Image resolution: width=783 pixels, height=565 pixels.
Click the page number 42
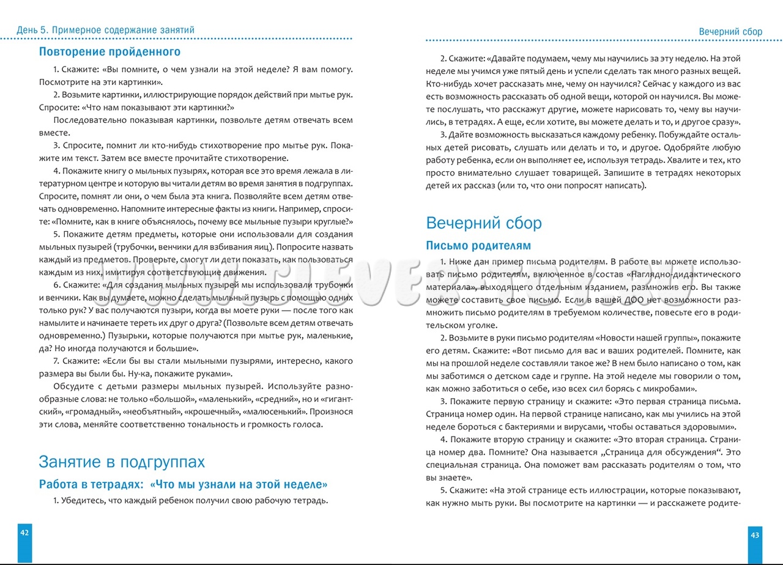pos(24,533)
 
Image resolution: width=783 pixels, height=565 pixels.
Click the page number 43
pos(755,535)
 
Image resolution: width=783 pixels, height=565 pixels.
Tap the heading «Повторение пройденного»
pos(109,52)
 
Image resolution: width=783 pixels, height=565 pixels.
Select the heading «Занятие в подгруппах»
pos(122,462)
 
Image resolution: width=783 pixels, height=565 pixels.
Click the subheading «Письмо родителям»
pos(478,246)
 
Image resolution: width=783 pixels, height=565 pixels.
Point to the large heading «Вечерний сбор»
pos(483,223)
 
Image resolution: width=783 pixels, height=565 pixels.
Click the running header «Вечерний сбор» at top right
pos(730,32)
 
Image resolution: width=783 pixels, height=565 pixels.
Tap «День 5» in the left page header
pos(32,29)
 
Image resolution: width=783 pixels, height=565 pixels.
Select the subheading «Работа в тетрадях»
pos(91,485)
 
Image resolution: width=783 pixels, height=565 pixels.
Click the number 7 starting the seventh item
pos(56,361)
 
